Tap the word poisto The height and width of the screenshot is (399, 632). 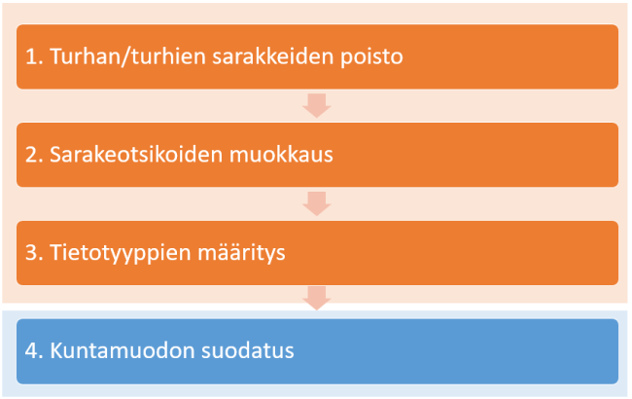pos(369,56)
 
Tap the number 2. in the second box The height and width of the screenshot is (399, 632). pos(34,155)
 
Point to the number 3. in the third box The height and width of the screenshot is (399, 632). pos(34,253)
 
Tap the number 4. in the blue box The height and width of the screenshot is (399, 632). pos(34,351)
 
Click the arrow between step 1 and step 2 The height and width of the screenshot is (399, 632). pos(317,105)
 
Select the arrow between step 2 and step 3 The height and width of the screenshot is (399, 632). pos(317,203)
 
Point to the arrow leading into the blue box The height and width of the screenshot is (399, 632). pos(317,300)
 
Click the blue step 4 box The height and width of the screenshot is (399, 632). pos(438,351)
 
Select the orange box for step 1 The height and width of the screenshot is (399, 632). pos(506,56)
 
